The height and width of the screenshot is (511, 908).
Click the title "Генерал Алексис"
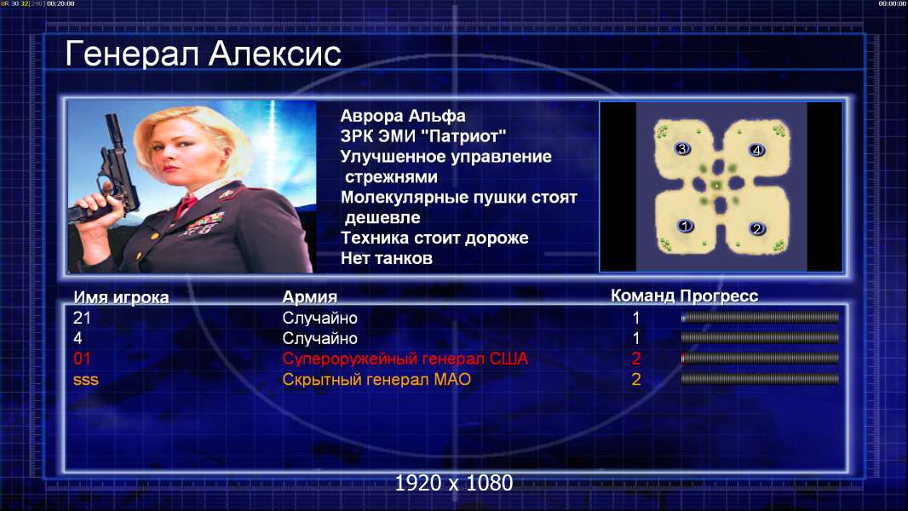[203, 54]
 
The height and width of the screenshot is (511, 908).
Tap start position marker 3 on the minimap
[682, 149]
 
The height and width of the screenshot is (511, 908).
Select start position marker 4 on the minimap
[756, 151]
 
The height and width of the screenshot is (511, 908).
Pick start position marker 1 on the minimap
[685, 226]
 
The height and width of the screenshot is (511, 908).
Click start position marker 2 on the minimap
[756, 228]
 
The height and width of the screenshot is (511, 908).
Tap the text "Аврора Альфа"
[402, 117]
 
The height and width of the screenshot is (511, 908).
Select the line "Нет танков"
[386, 258]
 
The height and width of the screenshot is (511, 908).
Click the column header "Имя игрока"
[121, 297]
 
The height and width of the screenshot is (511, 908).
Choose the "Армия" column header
[310, 297]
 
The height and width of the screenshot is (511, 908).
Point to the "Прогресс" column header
[719, 296]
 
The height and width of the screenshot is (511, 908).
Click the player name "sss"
[86, 380]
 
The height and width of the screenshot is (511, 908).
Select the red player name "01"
[83, 359]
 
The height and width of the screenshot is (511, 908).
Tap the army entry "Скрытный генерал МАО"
[376, 380]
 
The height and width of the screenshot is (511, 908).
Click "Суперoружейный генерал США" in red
[405, 359]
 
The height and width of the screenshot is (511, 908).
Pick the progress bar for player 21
[760, 317]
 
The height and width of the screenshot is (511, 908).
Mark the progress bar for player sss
[760, 379]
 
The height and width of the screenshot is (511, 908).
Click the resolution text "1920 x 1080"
[453, 483]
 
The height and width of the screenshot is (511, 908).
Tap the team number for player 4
[635, 338]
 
